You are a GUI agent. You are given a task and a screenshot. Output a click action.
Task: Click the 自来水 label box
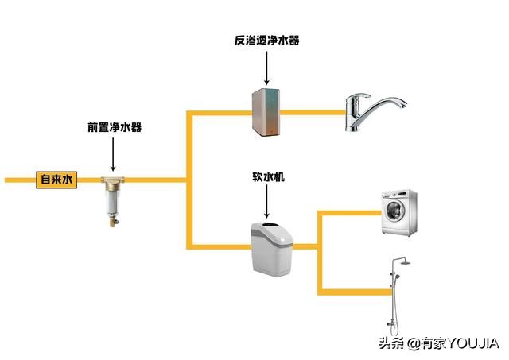pyautogui.click(x=56, y=180)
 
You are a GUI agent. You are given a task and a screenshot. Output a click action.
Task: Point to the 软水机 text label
pyautogui.click(x=267, y=179)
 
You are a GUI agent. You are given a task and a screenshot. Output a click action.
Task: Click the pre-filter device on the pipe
pyautogui.click(x=113, y=200)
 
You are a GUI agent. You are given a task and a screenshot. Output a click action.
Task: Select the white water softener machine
pyautogui.click(x=270, y=246)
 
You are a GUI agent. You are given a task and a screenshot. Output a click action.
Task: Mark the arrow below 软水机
pyautogui.click(x=267, y=203)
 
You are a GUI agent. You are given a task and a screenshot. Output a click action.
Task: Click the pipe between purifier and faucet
pyautogui.click(x=313, y=113)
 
